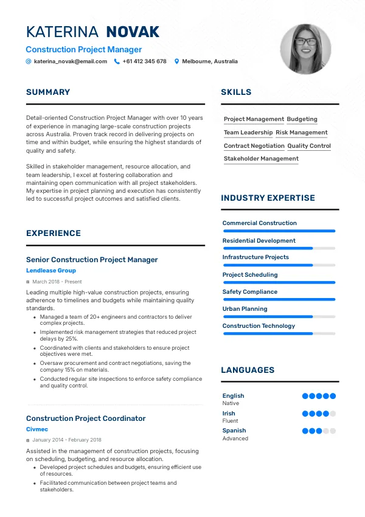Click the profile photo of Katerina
coord(305,49)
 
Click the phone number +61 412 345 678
coord(144,61)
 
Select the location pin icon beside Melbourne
coord(176,61)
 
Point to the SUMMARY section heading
coord(48,92)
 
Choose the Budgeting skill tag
coord(302,119)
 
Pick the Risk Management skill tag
coord(301,133)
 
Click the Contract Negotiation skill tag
coord(254,146)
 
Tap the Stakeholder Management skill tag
coord(261,159)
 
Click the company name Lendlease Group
coord(51,271)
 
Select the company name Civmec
coord(37,429)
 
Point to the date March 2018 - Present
coord(57,282)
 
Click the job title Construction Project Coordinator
coord(86,418)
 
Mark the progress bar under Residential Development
coord(279,248)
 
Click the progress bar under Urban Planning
coord(279,316)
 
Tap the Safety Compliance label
coord(249,292)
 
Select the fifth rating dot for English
coord(333,396)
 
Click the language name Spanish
coord(234,431)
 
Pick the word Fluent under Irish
coord(230,421)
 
